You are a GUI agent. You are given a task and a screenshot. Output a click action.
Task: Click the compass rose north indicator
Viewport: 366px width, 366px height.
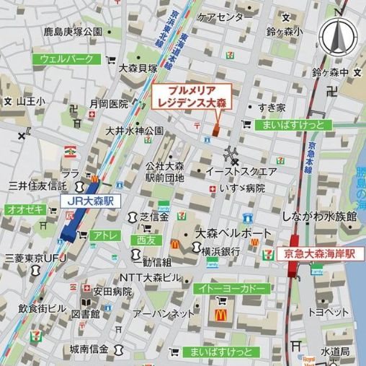[336, 36]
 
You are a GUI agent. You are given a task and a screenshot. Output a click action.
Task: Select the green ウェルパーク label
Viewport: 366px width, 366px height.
[67, 58]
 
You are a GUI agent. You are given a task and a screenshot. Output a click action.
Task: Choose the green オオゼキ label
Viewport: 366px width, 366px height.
[26, 209]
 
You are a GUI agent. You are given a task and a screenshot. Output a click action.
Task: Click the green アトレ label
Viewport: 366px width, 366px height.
[104, 235]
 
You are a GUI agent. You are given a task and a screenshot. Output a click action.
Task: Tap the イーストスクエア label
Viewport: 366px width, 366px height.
[241, 173]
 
